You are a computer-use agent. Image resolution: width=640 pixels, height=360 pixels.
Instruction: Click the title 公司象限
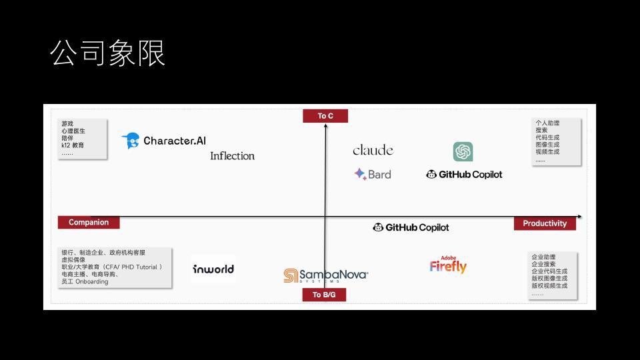pyautogui.click(x=108, y=54)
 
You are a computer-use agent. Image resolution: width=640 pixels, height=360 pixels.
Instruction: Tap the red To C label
pyautogui.click(x=325, y=116)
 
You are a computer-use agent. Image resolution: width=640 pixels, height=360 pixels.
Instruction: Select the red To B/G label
pyautogui.click(x=324, y=295)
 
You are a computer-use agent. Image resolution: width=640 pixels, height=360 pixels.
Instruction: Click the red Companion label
pyautogui.click(x=89, y=223)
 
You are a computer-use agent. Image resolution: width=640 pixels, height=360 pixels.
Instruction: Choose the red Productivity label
pyautogui.click(x=545, y=223)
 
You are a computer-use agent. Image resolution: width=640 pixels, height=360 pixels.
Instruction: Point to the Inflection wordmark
pyautogui.click(x=232, y=156)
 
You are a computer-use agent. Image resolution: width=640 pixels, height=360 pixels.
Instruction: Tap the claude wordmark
pyautogui.click(x=373, y=151)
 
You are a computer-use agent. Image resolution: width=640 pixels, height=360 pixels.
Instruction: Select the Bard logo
pyautogui.click(x=373, y=175)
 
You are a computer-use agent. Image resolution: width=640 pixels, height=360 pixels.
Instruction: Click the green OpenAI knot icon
pyautogui.click(x=463, y=152)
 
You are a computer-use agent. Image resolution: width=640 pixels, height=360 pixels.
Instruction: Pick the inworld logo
pyautogui.click(x=213, y=269)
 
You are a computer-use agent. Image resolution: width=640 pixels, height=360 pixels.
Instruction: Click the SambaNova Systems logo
pyautogui.click(x=325, y=275)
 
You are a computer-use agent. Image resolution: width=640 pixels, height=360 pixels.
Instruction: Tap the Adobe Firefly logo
pyautogui.click(x=448, y=265)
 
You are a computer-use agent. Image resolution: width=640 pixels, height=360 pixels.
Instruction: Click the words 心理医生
pyautogui.click(x=73, y=131)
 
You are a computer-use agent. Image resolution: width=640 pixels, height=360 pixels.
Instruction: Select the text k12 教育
pyautogui.click(x=73, y=145)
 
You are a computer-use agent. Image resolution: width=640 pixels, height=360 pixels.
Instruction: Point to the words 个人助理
pyautogui.click(x=547, y=123)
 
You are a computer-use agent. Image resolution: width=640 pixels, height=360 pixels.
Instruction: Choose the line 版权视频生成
pyautogui.click(x=549, y=286)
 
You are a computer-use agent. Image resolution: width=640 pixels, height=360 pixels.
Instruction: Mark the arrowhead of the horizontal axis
pyautogui.click(x=579, y=217)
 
